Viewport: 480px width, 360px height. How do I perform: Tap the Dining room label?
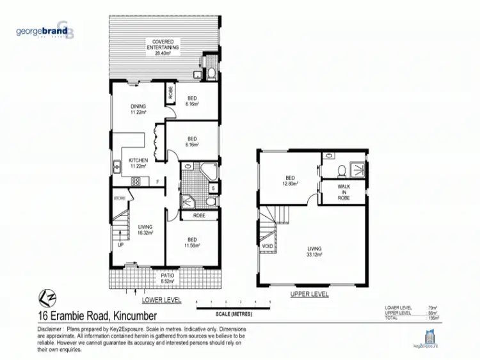click(138, 109)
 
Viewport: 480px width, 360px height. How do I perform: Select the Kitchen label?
click(138, 162)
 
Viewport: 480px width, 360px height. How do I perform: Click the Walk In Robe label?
click(344, 194)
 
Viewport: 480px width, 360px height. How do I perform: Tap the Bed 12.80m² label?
click(291, 181)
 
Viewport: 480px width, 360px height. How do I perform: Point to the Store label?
click(119, 199)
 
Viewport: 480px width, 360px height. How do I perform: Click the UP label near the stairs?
click(120, 244)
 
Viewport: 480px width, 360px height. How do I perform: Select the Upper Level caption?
click(310, 294)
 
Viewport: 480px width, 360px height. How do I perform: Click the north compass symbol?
click(44, 299)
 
